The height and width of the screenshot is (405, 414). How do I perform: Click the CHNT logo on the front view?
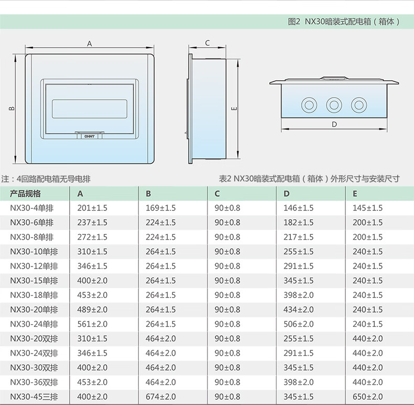pyautogui.click(x=90, y=136)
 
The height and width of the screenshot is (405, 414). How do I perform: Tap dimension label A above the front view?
pyautogui.click(x=90, y=44)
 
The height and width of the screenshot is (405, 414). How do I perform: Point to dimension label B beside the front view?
pyautogui.click(x=12, y=108)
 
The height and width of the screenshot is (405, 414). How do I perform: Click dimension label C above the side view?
pyautogui.click(x=208, y=43)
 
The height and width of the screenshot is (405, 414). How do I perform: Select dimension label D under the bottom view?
pyautogui.click(x=334, y=124)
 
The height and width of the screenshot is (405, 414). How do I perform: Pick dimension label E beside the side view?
pyautogui.click(x=234, y=109)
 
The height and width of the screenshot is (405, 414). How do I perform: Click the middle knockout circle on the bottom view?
pyautogui.click(x=334, y=105)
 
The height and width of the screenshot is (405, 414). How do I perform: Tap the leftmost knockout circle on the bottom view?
pyautogui.click(x=309, y=105)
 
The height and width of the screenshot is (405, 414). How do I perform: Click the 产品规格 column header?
pyautogui.click(x=25, y=194)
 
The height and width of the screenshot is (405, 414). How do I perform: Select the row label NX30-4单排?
pyautogui.click(x=31, y=208)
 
